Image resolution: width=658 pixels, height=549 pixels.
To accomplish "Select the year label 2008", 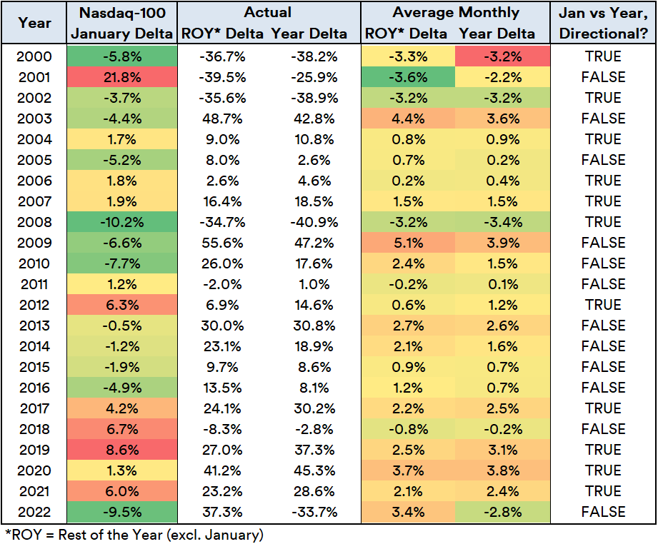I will click(35, 222).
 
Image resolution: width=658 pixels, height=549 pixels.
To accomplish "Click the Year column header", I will click(35, 23).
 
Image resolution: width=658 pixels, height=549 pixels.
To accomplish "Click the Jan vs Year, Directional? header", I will click(603, 23).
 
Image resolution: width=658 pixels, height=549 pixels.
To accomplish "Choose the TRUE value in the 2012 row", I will click(603, 305).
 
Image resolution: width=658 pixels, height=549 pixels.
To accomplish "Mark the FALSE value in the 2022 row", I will click(603, 512).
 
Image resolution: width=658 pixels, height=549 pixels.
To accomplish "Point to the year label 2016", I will click(35, 388).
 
